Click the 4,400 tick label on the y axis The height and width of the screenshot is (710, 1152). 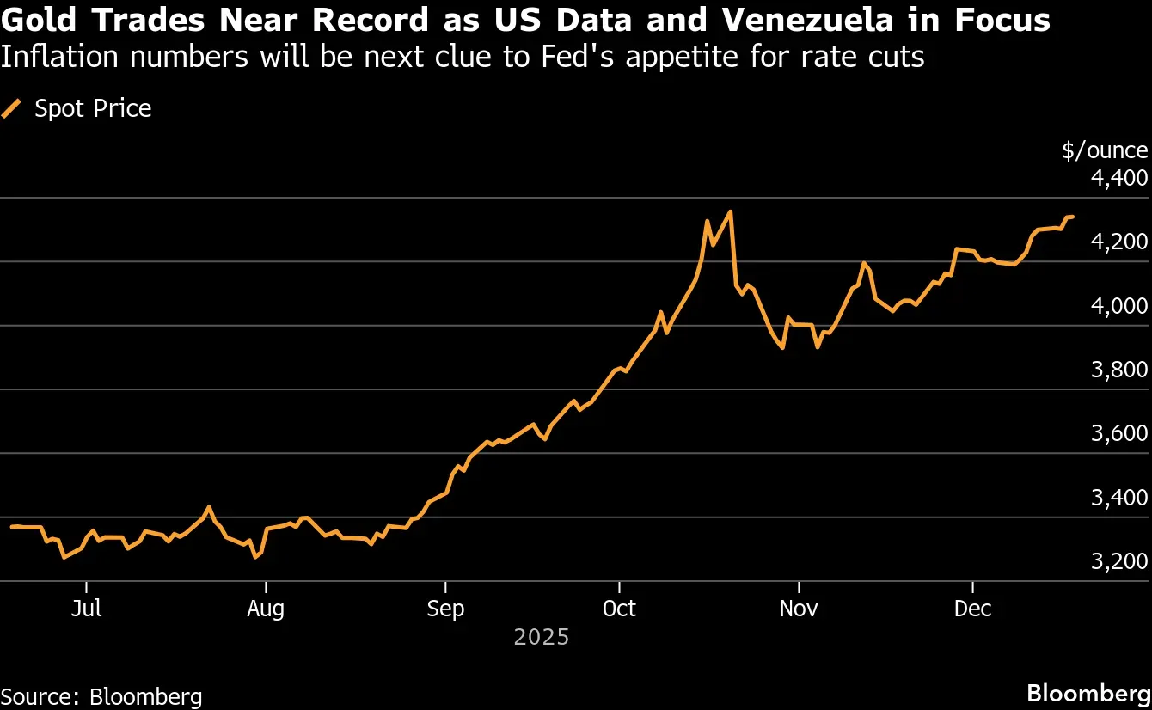pos(1118,179)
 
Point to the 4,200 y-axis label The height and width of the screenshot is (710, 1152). pos(1118,242)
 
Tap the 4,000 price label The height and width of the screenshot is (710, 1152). pos(1118,306)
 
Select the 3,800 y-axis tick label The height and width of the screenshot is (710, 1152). pos(1118,370)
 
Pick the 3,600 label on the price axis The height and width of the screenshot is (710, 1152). pos(1118,434)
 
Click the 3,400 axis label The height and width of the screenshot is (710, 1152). pos(1118,498)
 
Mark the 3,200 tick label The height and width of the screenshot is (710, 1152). pos(1118,562)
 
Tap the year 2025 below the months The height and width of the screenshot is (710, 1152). pos(542,637)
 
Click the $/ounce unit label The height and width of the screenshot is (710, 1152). pos(1105,150)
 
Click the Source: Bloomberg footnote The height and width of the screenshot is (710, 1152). pos(101,696)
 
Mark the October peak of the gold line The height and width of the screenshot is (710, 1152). pos(730,211)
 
